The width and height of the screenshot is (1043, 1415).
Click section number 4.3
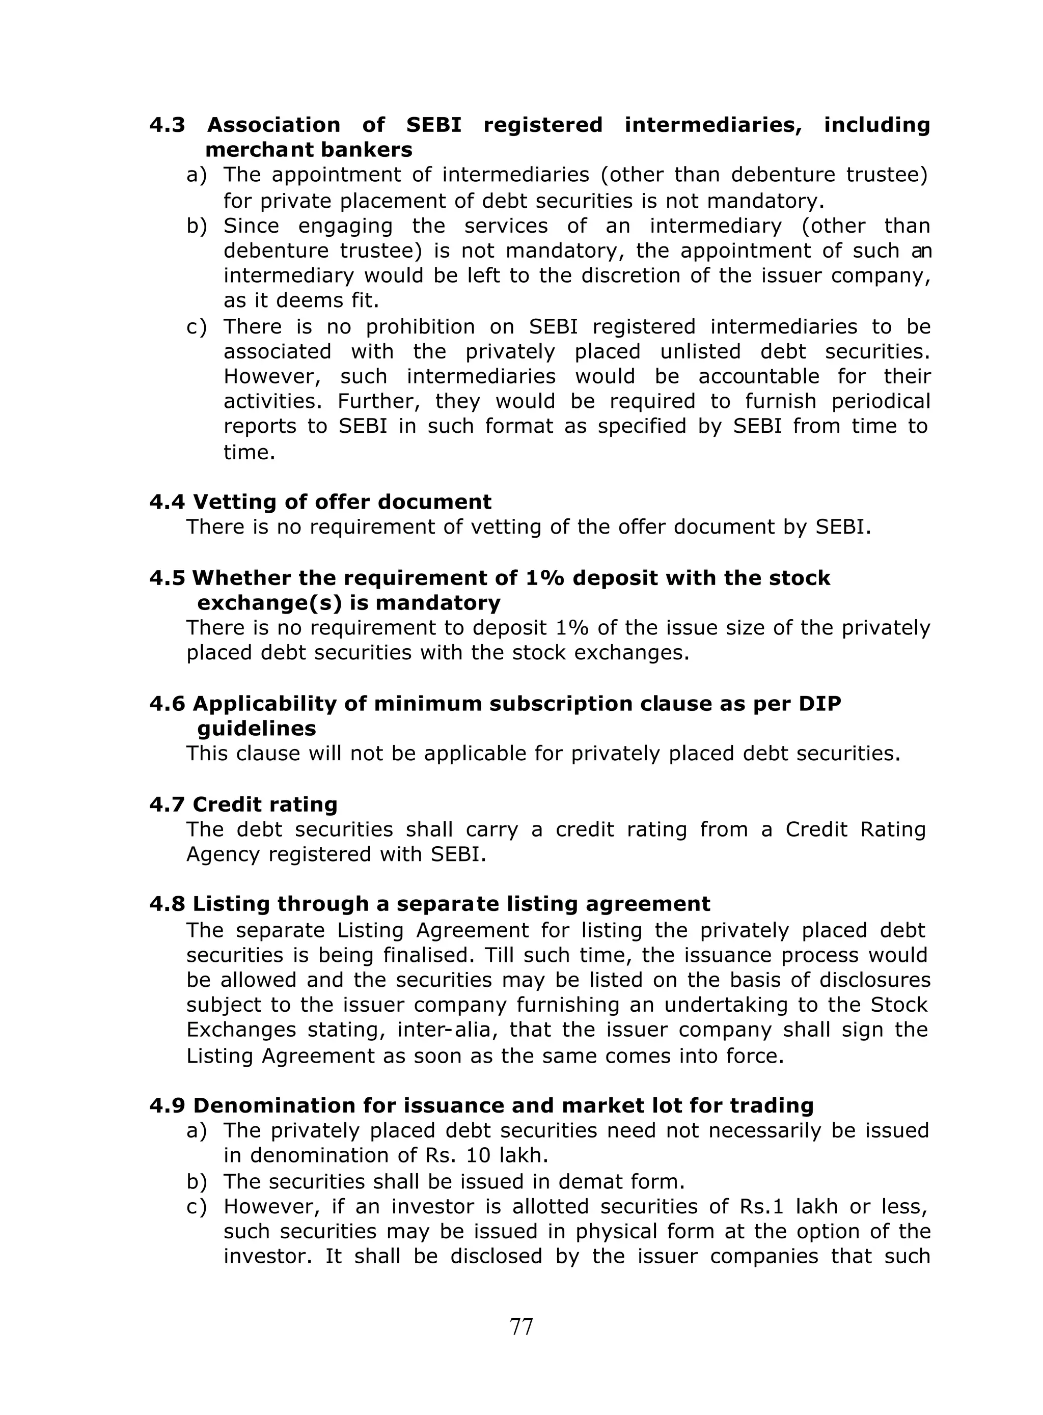[x=168, y=125]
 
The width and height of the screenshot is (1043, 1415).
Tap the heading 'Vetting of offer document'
[x=342, y=502]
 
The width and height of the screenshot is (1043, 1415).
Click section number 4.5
[x=168, y=578]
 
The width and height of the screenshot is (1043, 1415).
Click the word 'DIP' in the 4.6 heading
[x=821, y=704]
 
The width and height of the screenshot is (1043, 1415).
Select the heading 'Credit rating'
[x=264, y=804]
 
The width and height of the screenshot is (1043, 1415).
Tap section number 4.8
[x=168, y=904]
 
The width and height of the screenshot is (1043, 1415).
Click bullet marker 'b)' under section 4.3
[x=197, y=226]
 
